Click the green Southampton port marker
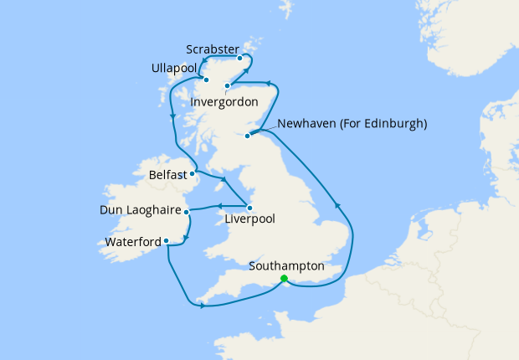284,278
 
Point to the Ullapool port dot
205,80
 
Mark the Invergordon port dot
228,86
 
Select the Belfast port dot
195,174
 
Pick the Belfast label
168,176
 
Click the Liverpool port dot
249,207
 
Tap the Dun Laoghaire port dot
187,212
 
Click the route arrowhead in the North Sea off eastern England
338,205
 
